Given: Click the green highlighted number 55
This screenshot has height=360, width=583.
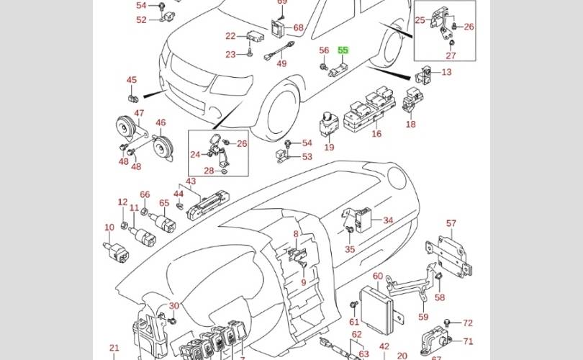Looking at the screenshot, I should point(343,50).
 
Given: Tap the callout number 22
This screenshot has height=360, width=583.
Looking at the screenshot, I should point(230,36).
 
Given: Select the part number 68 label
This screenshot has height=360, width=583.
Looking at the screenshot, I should point(298,28).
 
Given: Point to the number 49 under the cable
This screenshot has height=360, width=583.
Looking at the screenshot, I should point(281,63).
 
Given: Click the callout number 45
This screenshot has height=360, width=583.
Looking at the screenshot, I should point(132,80).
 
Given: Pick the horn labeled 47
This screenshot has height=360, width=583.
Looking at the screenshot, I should point(127,129).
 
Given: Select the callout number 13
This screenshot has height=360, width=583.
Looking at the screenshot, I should point(447,72).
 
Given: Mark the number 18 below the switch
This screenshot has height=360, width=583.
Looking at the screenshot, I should point(410,125).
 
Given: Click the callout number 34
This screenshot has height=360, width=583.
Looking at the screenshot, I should point(388,220).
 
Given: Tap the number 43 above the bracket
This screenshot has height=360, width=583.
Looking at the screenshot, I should point(191,181).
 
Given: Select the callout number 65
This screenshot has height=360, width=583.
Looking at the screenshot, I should point(164,204).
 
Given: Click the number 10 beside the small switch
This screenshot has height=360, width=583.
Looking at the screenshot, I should point(109,228).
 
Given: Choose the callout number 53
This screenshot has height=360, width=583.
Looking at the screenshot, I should point(307,156).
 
